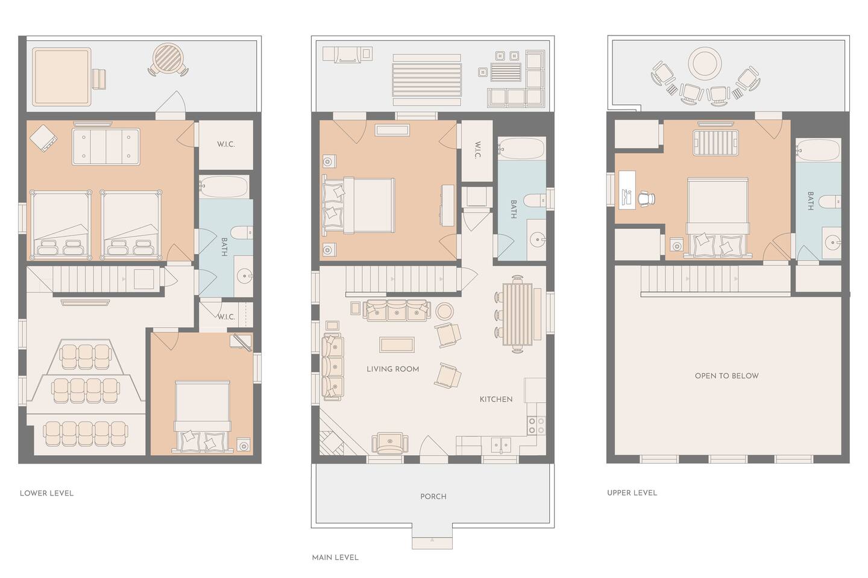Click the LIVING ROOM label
392,369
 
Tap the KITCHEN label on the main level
496,399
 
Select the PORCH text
433,496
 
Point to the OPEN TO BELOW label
726,376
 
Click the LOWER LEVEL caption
46,493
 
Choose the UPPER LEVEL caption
632,493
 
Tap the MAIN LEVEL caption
335,558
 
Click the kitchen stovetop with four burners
536,425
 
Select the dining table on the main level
517,314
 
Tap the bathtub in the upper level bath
819,150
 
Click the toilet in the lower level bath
242,233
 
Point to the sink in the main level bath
537,239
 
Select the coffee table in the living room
397,344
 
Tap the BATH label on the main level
514,209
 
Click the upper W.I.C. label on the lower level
226,144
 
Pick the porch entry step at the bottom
432,543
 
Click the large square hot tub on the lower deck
62,76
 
